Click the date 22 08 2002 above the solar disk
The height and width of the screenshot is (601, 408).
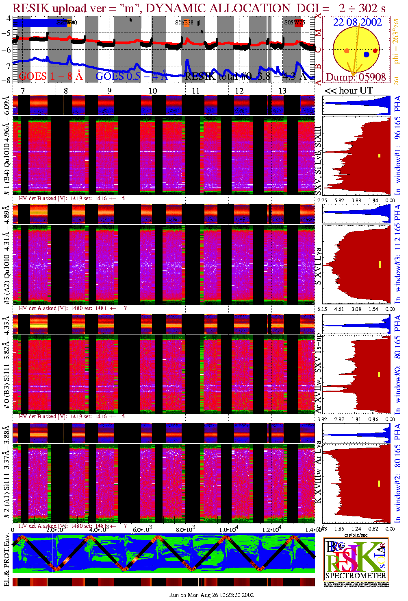[x=358, y=22]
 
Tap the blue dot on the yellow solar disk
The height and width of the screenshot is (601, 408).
[x=367, y=54]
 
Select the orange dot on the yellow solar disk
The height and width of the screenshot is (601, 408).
[x=347, y=51]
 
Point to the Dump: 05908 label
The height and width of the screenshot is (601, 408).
[x=356, y=77]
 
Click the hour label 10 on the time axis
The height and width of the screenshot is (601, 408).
[x=152, y=91]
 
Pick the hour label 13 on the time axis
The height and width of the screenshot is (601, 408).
[x=282, y=91]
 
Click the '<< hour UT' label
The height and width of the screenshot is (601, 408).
[x=348, y=91]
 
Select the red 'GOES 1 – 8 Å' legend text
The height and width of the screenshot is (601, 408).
[x=51, y=76]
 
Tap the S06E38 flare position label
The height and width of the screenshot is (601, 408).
[x=184, y=23]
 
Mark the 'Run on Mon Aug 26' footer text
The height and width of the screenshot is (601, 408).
[x=211, y=595]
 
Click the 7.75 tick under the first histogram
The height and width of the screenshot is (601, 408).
[x=322, y=200]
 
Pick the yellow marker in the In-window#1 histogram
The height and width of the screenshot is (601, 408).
[x=380, y=155]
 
